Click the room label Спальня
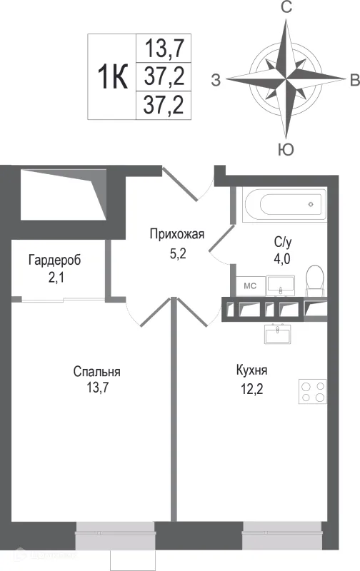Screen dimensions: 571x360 pyautogui.click(x=96, y=371)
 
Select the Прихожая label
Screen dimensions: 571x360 pyautogui.click(x=177, y=234)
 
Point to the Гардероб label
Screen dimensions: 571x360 pyautogui.click(x=55, y=260)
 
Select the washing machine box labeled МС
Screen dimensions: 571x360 pyautogui.click(x=250, y=285)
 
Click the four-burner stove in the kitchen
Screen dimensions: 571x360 pyautogui.click(x=313, y=391)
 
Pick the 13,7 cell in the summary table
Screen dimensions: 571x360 pyautogui.click(x=164, y=49)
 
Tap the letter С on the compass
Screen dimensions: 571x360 pyautogui.click(x=287, y=9)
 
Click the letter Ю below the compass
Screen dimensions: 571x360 pyautogui.click(x=286, y=148)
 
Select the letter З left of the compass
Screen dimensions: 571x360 pyautogui.click(x=216, y=79)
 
